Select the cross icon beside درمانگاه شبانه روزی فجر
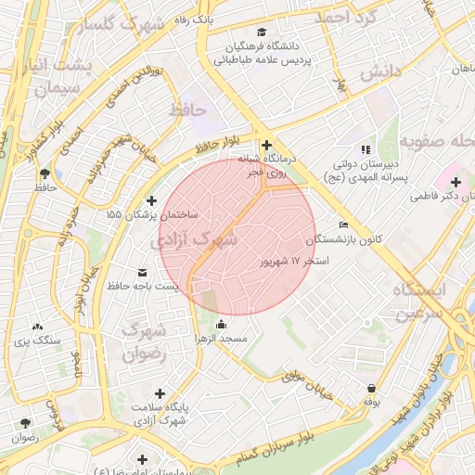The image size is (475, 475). click(267, 146)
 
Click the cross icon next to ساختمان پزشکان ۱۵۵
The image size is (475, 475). click(152, 200)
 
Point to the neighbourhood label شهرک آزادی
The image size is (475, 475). click(195, 239)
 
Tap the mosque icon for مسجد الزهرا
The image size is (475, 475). click(221, 324)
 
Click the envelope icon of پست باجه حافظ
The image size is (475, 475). click(142, 272)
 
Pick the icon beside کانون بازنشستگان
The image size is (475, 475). click(344, 225)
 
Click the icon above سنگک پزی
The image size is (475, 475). click(37, 327)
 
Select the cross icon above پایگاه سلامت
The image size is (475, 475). click(160, 393)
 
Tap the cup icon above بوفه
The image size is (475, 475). click(371, 389)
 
